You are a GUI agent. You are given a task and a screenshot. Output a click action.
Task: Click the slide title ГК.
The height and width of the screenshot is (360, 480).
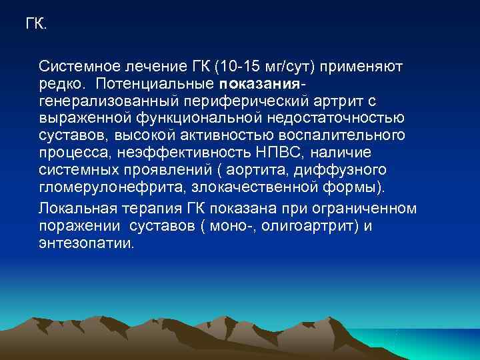(x=36, y=25)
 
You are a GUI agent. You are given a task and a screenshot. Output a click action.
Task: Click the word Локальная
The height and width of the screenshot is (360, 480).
(x=76, y=208)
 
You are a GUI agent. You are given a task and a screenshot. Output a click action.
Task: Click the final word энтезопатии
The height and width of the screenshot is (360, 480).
(x=86, y=243)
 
